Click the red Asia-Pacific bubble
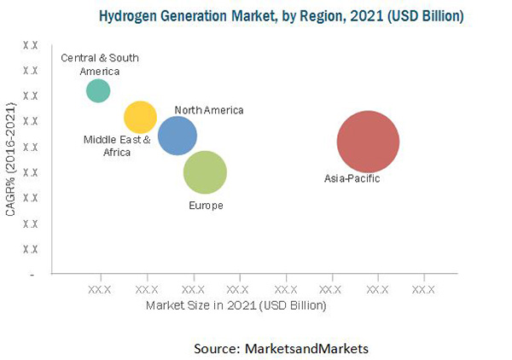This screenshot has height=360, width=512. [x=368, y=142]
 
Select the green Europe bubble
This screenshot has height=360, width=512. [x=205, y=173]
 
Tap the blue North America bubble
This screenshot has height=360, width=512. [x=177, y=136]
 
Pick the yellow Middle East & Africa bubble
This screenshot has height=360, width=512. [x=140, y=118]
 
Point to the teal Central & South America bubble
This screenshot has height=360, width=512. [x=98, y=90]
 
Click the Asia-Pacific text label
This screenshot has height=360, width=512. [x=352, y=178]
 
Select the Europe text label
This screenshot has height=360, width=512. [x=206, y=206]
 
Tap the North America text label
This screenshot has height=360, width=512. [x=209, y=110]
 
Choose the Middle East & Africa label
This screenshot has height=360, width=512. [x=117, y=146]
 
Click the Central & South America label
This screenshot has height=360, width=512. [x=100, y=64]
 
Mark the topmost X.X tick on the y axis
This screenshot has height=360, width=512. [x=30, y=44]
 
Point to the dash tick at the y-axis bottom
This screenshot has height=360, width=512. [x=32, y=275]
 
